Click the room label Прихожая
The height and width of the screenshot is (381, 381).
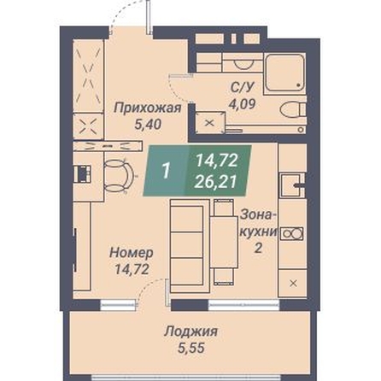[148, 108]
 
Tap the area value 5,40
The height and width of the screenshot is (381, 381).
[148, 125]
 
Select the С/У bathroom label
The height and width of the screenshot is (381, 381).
[243, 87]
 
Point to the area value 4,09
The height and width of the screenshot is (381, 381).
[243, 104]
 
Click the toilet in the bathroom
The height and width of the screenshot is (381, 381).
[293, 109]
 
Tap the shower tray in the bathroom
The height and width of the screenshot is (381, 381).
[284, 73]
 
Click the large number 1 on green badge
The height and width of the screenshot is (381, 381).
[166, 172]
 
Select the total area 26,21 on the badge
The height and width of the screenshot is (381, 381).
[215, 182]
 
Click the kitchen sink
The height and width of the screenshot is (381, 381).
[290, 185]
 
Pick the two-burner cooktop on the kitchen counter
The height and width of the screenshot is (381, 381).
[292, 234]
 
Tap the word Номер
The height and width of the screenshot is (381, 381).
[132, 253]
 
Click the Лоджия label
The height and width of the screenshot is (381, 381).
[190, 331]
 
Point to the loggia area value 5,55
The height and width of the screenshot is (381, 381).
[191, 348]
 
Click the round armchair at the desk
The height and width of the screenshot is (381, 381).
[118, 176]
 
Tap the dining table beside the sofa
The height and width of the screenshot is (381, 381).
[225, 242]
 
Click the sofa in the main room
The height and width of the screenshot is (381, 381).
[190, 246]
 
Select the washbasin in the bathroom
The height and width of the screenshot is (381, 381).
[243, 64]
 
